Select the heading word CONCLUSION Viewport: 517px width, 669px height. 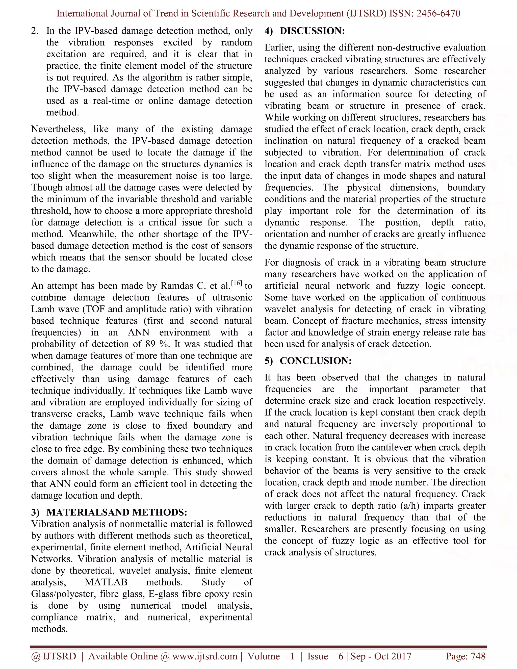tap(316, 361)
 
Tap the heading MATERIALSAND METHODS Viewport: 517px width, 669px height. tap(116, 512)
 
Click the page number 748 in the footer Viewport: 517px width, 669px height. tap(478, 656)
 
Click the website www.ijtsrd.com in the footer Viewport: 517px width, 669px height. tap(204, 656)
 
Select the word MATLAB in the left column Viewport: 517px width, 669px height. tap(106, 582)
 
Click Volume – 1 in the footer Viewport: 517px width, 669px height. tap(271, 656)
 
